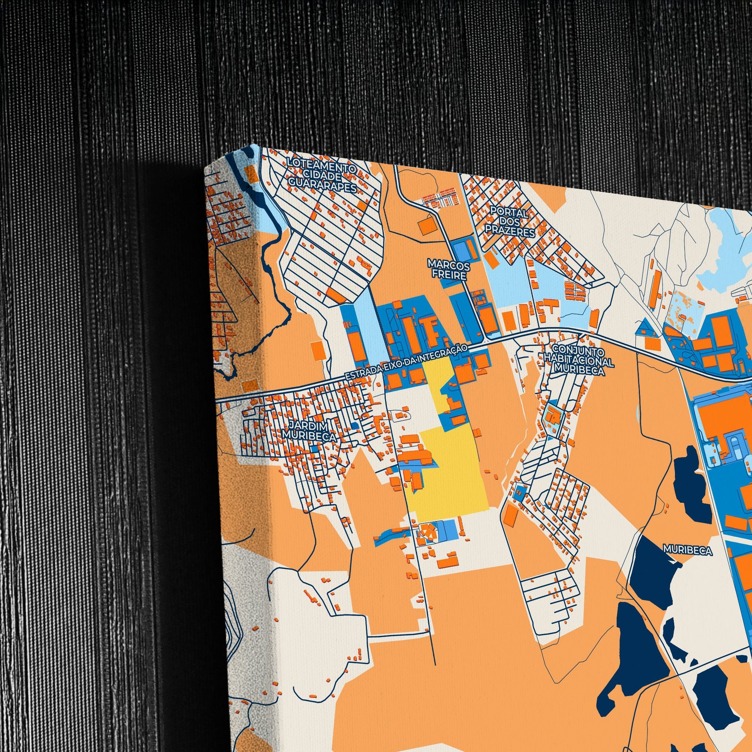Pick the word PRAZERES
pos(510,232)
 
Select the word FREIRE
pos(449,275)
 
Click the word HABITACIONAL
pos(579,362)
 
